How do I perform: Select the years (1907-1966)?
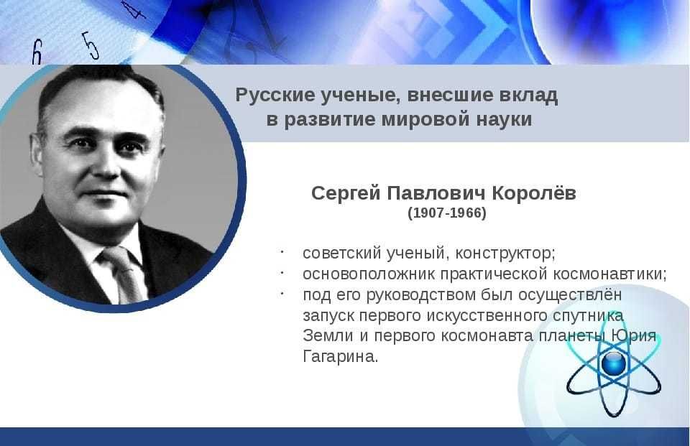tap(446, 213)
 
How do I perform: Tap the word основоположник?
tap(369, 274)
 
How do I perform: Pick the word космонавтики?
tap(609, 274)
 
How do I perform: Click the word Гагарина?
tap(340, 356)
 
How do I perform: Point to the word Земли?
tap(328, 335)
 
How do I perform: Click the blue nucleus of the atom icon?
tap(613, 363)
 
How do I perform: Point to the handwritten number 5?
tap(91, 45)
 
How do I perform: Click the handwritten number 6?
tap(37, 52)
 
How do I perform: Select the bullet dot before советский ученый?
tap(282, 253)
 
